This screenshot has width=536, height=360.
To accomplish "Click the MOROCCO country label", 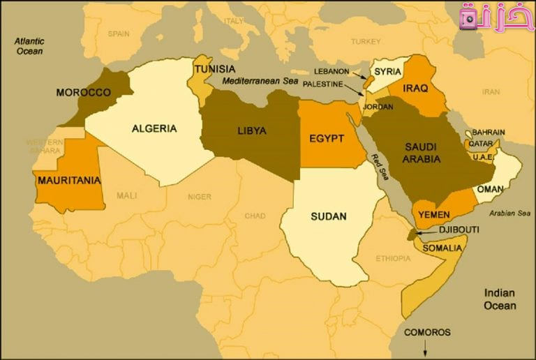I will point(83,92).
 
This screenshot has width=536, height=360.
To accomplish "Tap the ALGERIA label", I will point(154,128).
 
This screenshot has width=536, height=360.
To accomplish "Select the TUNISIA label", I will point(215,69).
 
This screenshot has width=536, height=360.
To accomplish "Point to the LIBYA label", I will point(251,130).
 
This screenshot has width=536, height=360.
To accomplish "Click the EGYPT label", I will point(327,138).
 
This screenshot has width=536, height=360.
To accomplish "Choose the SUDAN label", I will point(329,216).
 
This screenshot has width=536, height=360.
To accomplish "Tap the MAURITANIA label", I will point(69,180).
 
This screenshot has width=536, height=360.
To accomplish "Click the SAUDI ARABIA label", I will point(421,153).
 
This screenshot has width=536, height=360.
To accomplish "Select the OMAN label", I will point(491,189).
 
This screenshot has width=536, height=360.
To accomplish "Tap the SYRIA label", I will point(387,71).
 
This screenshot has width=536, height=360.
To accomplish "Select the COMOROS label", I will point(427,332).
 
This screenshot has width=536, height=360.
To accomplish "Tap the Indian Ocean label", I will point(500,299).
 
